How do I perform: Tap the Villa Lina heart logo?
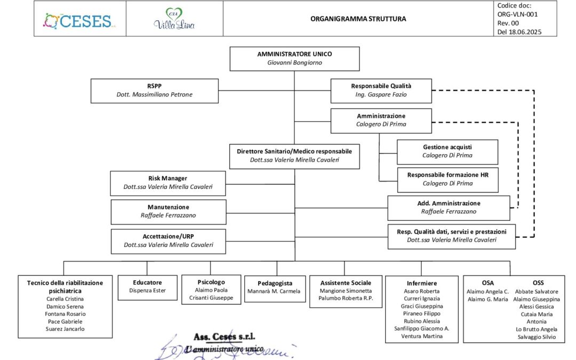coord(174,19)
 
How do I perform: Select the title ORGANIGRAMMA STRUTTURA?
coord(358,19)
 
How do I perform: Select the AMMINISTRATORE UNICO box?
coord(294,59)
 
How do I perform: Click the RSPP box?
coord(154,90)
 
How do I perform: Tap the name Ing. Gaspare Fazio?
coord(381,94)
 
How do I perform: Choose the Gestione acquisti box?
coord(447,151)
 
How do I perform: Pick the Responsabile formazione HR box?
coord(447,179)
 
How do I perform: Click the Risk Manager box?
coord(167,183)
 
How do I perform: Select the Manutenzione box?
coord(168,211)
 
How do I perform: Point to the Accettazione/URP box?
coord(168,241)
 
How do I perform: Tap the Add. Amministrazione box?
coord(448,207)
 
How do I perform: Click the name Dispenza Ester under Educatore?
coord(147,291)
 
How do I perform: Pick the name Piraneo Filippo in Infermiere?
coord(421,314)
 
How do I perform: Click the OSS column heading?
coord(538,283)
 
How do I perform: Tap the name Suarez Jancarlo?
coord(65,329)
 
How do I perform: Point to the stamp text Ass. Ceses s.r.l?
coord(224,337)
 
